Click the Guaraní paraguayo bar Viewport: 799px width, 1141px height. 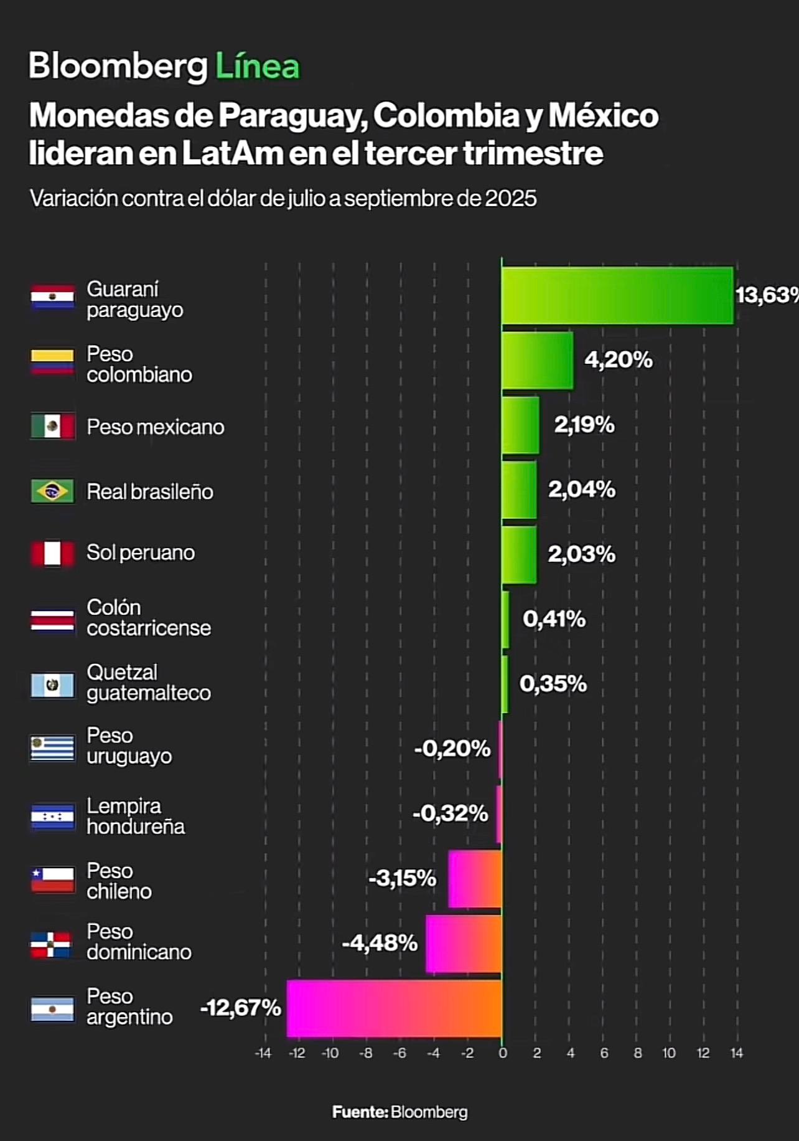[x=617, y=295]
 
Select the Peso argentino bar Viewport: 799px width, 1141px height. [x=395, y=1008]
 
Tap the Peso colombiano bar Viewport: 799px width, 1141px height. [x=538, y=361]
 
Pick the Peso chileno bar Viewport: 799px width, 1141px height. [x=475, y=879]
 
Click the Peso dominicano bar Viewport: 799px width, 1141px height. [x=464, y=944]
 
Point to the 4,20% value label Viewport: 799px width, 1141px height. [x=619, y=359]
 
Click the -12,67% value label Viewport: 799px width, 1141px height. [x=240, y=1007]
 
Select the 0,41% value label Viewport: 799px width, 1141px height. [x=554, y=618]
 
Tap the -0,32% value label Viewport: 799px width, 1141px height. [x=451, y=813]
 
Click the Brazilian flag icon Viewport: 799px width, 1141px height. [x=53, y=491]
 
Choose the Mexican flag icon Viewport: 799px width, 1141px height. [x=53, y=427]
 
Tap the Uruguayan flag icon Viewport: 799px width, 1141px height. [x=53, y=748]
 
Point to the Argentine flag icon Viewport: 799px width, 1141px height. [x=53, y=1008]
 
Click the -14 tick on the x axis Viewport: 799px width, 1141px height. [x=263, y=1053]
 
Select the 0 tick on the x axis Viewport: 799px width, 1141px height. [x=503, y=1053]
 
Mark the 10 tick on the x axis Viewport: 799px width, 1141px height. [x=669, y=1053]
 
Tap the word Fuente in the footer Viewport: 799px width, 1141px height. [x=360, y=1112]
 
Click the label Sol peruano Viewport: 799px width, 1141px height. [x=141, y=552]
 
